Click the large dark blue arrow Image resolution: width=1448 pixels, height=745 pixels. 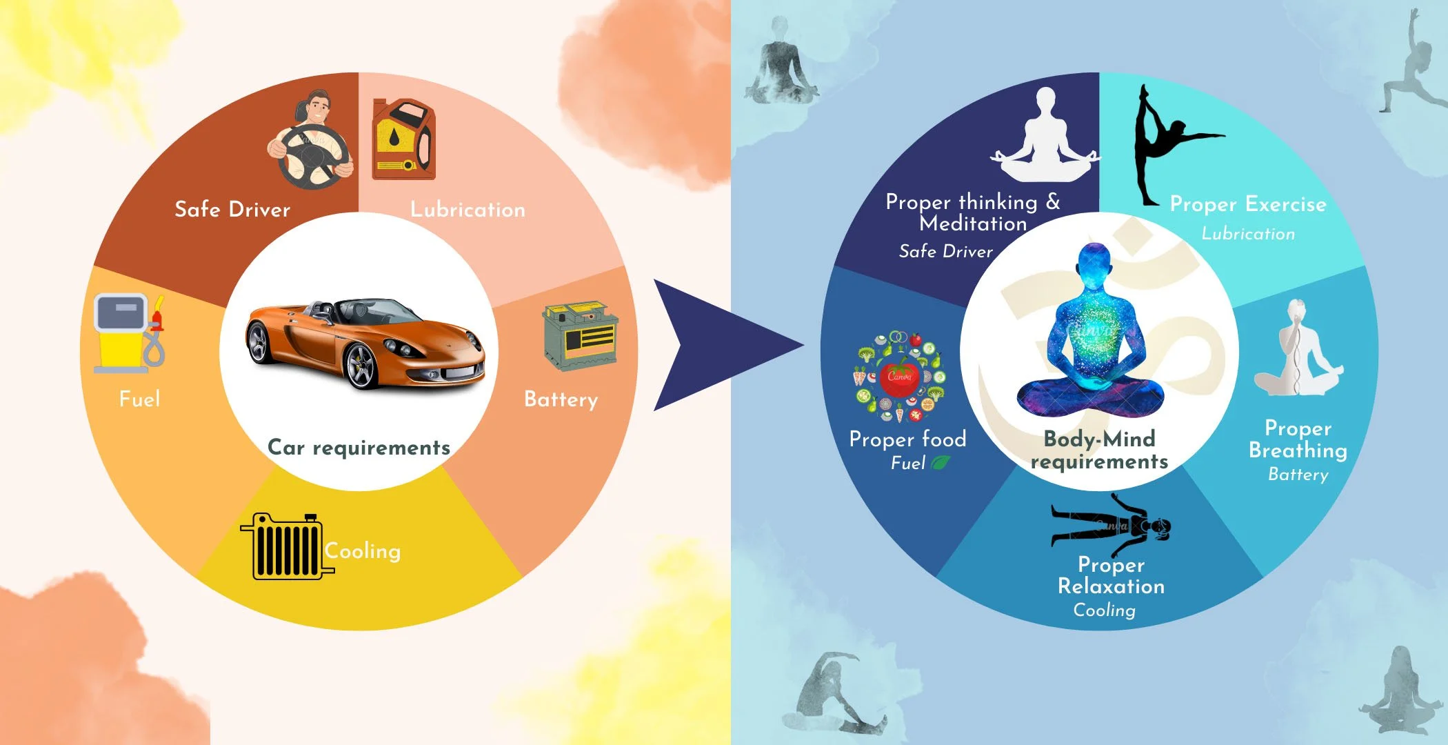[x=717, y=345]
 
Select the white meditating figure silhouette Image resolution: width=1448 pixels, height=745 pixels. [x=1045, y=138]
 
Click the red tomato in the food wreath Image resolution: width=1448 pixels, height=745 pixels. [x=898, y=377]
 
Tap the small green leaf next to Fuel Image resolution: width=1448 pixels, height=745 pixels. [x=941, y=463]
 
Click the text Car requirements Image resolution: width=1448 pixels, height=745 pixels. [x=359, y=448]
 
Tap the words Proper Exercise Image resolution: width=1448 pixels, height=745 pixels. [x=1248, y=204]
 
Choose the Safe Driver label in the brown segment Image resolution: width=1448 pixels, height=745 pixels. [x=232, y=209]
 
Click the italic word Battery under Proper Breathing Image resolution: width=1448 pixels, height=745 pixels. [x=1298, y=475]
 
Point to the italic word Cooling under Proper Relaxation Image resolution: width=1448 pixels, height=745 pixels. [x=1104, y=610]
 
